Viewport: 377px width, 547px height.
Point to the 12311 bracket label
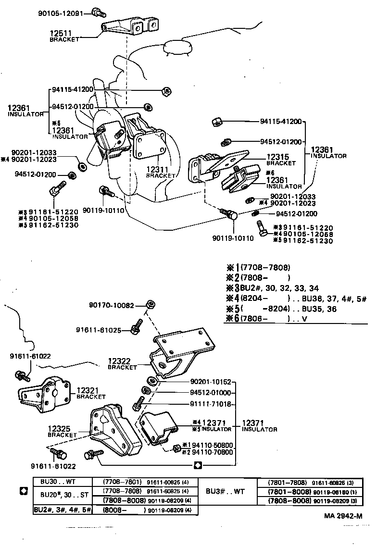pos(161,172)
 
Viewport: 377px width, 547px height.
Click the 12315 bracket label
pos(280,160)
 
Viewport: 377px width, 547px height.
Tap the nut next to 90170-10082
pos(150,304)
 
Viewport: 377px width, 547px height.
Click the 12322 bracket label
pos(122,363)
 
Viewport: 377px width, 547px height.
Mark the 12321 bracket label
pos(90,394)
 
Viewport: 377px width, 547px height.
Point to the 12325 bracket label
pos(62,431)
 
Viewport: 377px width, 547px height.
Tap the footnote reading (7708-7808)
pos(265,267)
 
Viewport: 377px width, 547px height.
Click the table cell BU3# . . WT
pos(227,491)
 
